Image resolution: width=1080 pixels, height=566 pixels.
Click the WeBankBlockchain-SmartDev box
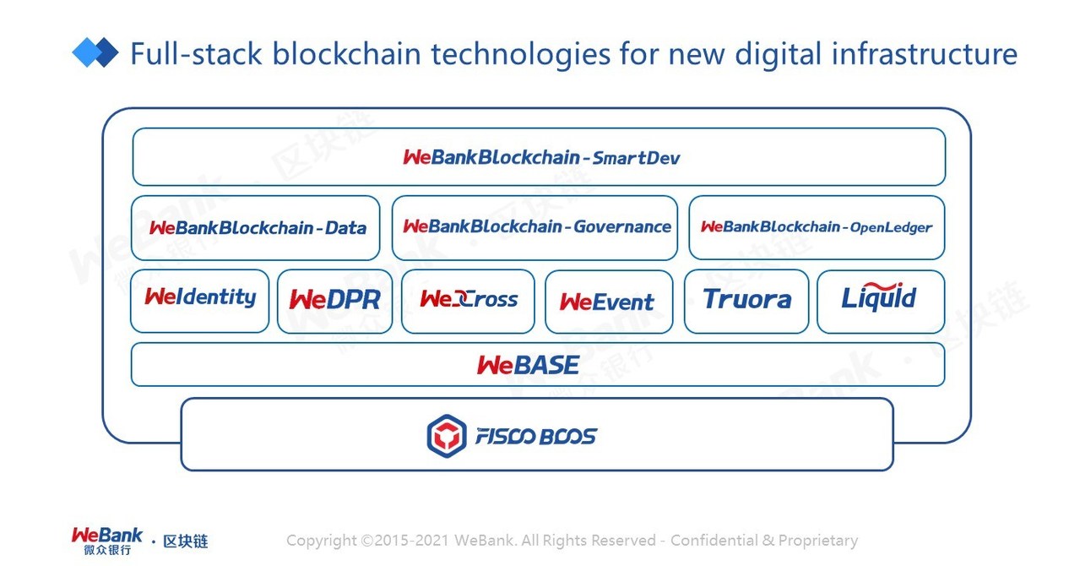[539, 157]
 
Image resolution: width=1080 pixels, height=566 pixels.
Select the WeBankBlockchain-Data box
[257, 227]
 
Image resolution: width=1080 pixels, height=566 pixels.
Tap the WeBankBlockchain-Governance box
[535, 227]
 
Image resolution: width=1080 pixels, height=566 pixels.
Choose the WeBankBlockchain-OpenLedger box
[817, 227]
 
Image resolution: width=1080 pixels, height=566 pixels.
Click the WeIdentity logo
[200, 297]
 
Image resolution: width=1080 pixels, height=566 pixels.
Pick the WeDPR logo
[334, 300]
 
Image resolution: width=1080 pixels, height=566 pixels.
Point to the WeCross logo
[468, 300]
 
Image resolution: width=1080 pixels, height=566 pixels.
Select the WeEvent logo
[607, 302]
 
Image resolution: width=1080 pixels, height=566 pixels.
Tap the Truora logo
[746, 300]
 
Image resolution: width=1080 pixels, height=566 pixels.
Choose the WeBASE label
[528, 365]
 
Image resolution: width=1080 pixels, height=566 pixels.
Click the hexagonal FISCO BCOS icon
[446, 436]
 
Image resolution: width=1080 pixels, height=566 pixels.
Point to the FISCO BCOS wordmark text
[535, 437]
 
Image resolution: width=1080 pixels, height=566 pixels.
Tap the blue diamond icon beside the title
[95, 52]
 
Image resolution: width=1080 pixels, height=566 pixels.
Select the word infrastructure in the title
[924, 55]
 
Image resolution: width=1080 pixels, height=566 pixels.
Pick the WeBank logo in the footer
[107, 540]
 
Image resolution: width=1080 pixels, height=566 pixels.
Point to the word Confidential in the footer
[714, 541]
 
